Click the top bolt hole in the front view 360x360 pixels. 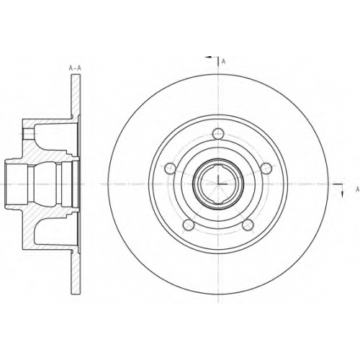[218, 134]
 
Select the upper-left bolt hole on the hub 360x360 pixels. [170, 168]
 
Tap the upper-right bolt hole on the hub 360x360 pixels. [266, 168]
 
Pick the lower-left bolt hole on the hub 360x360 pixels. [189, 225]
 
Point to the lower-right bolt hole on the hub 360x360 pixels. [248, 225]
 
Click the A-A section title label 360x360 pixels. [75, 68]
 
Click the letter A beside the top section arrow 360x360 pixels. [223, 62]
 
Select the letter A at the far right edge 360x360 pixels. [357, 189]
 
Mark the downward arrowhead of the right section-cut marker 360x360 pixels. [342, 194]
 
